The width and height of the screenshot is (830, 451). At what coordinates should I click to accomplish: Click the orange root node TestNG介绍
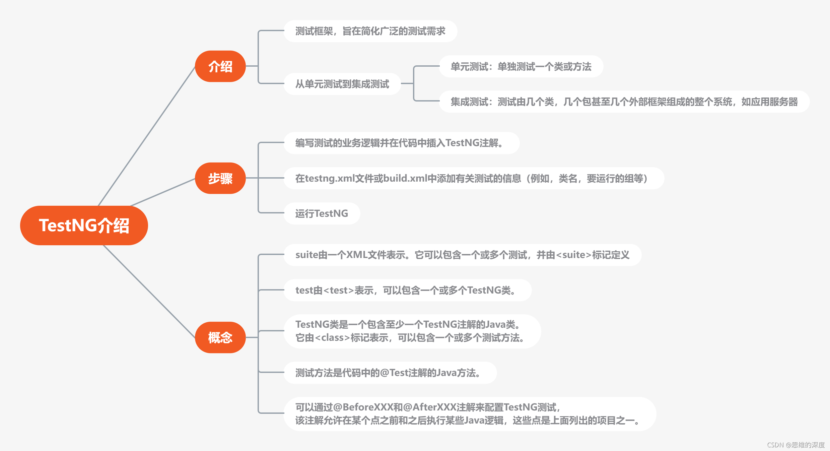point(84,225)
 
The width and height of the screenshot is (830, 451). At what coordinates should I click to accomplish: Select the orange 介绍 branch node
point(220,66)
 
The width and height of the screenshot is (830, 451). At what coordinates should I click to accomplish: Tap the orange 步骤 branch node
point(220,178)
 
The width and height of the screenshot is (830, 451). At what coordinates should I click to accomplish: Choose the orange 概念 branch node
point(220,337)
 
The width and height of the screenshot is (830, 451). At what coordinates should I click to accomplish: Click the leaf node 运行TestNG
point(322,213)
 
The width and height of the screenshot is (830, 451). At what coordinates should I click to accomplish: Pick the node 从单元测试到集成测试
point(342,84)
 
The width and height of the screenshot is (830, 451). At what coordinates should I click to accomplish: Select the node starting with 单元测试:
point(521,67)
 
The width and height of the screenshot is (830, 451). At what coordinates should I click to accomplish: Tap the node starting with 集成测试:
point(624,102)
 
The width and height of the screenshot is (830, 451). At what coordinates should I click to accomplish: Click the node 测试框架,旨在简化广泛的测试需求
point(370,31)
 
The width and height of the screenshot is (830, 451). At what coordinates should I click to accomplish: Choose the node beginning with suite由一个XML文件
point(462,255)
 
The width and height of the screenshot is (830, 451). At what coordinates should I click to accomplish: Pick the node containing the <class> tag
point(412,331)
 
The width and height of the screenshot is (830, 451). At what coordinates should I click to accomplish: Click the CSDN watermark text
point(796,445)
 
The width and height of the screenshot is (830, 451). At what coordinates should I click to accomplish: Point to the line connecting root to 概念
point(149,292)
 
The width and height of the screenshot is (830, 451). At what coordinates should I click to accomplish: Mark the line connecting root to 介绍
point(147,136)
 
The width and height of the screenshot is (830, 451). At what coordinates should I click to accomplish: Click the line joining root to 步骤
point(163,192)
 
